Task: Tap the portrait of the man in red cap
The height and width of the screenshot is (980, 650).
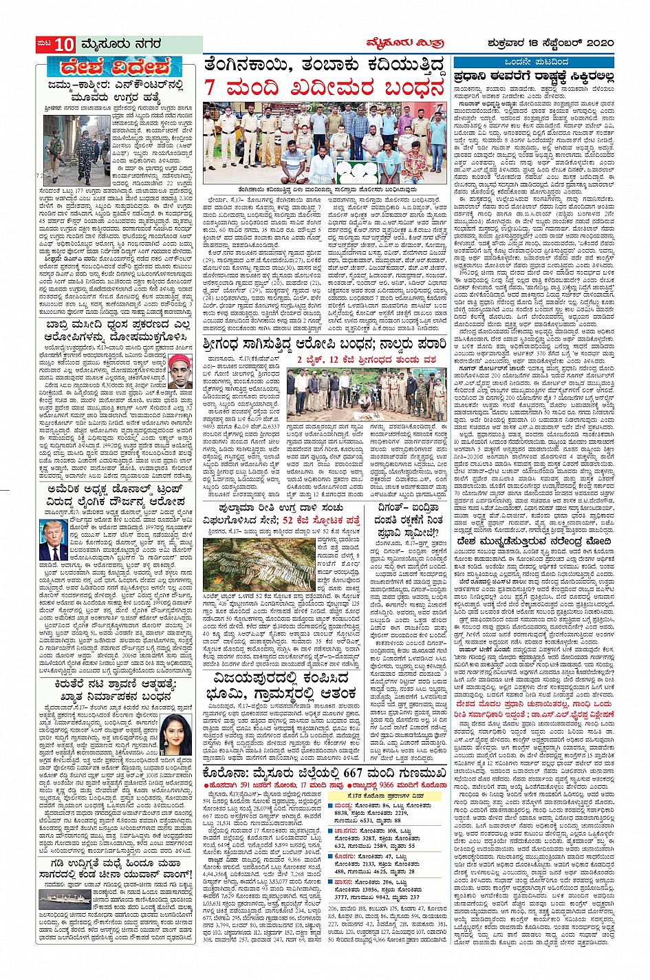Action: [180, 374]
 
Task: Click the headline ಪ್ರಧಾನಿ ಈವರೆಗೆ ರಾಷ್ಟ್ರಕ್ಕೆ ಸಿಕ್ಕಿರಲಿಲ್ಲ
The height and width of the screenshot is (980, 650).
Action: [533, 77]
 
